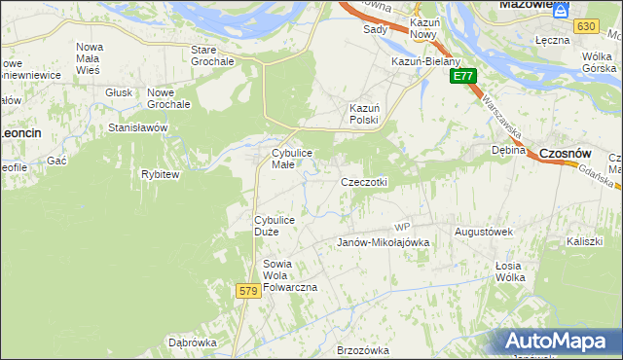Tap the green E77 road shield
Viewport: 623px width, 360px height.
[x=463, y=76]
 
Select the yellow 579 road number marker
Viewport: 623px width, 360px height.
[x=248, y=291]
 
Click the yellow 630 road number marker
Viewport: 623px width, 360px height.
[x=585, y=26]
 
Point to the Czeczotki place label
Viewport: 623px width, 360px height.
[x=364, y=182]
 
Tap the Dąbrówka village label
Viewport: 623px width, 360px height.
[x=192, y=342]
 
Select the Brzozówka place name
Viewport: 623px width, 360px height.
[x=362, y=350]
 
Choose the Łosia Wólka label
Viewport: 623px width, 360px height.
[x=509, y=271]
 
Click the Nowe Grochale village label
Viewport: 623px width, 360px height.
[x=168, y=97]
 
